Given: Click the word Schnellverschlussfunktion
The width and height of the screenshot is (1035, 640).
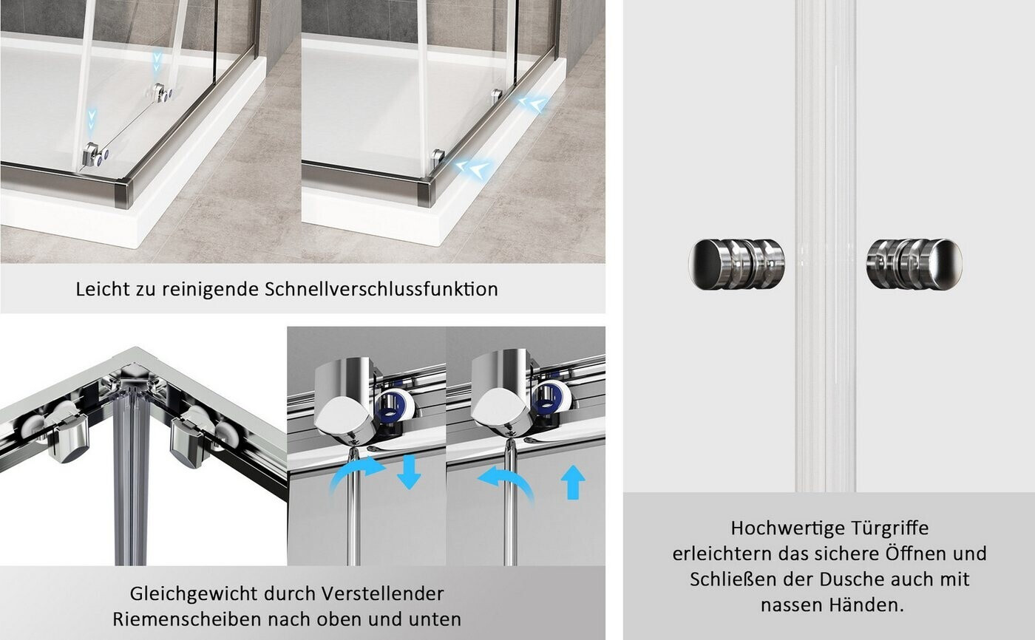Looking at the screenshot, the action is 381,290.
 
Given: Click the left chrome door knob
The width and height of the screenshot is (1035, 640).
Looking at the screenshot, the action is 736,264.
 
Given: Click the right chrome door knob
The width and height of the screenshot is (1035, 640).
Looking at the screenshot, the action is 914,264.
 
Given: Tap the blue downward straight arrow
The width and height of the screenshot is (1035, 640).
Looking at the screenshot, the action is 409,472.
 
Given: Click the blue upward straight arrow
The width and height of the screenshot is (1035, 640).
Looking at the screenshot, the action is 573,482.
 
